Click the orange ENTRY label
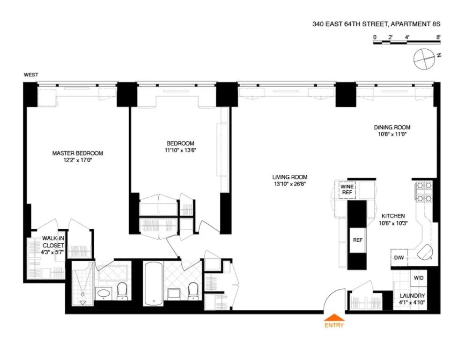(333, 325)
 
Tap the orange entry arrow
(333, 316)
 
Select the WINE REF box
(347, 189)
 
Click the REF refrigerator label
(358, 240)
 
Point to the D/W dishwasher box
(399, 257)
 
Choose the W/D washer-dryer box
(418, 277)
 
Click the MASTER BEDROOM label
(77, 153)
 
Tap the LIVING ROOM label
(290, 177)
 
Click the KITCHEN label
(392, 216)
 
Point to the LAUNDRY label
(412, 296)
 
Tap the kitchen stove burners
(423, 192)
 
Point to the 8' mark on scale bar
(438, 36)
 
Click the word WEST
(31, 75)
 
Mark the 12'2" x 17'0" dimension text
(77, 160)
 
